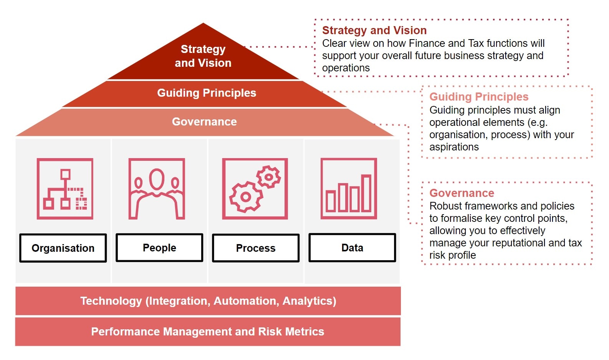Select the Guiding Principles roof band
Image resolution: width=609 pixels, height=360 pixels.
[206, 93]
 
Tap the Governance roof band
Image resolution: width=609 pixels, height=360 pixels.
[204, 122]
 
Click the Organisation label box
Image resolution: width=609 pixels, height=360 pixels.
[63, 248]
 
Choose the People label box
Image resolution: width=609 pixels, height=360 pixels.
[159, 248]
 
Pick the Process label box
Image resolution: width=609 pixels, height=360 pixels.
[256, 248]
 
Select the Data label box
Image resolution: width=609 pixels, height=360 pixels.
[352, 248]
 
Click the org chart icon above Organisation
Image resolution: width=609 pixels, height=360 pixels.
[65, 189]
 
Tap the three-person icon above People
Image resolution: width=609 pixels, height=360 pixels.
[157, 189]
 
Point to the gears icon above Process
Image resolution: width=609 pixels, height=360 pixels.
[255, 189]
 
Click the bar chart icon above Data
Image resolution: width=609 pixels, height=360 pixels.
[349, 189]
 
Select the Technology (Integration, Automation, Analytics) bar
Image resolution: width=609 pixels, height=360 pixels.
[208, 301]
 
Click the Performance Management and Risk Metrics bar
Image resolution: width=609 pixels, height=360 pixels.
[208, 332]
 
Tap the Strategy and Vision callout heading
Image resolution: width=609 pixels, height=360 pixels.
[374, 30]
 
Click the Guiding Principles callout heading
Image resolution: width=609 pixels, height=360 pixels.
[479, 97]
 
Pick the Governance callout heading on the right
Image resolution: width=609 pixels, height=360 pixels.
[462, 193]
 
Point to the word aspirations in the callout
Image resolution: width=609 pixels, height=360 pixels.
[454, 147]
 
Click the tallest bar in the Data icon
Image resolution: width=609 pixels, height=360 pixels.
[366, 193]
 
